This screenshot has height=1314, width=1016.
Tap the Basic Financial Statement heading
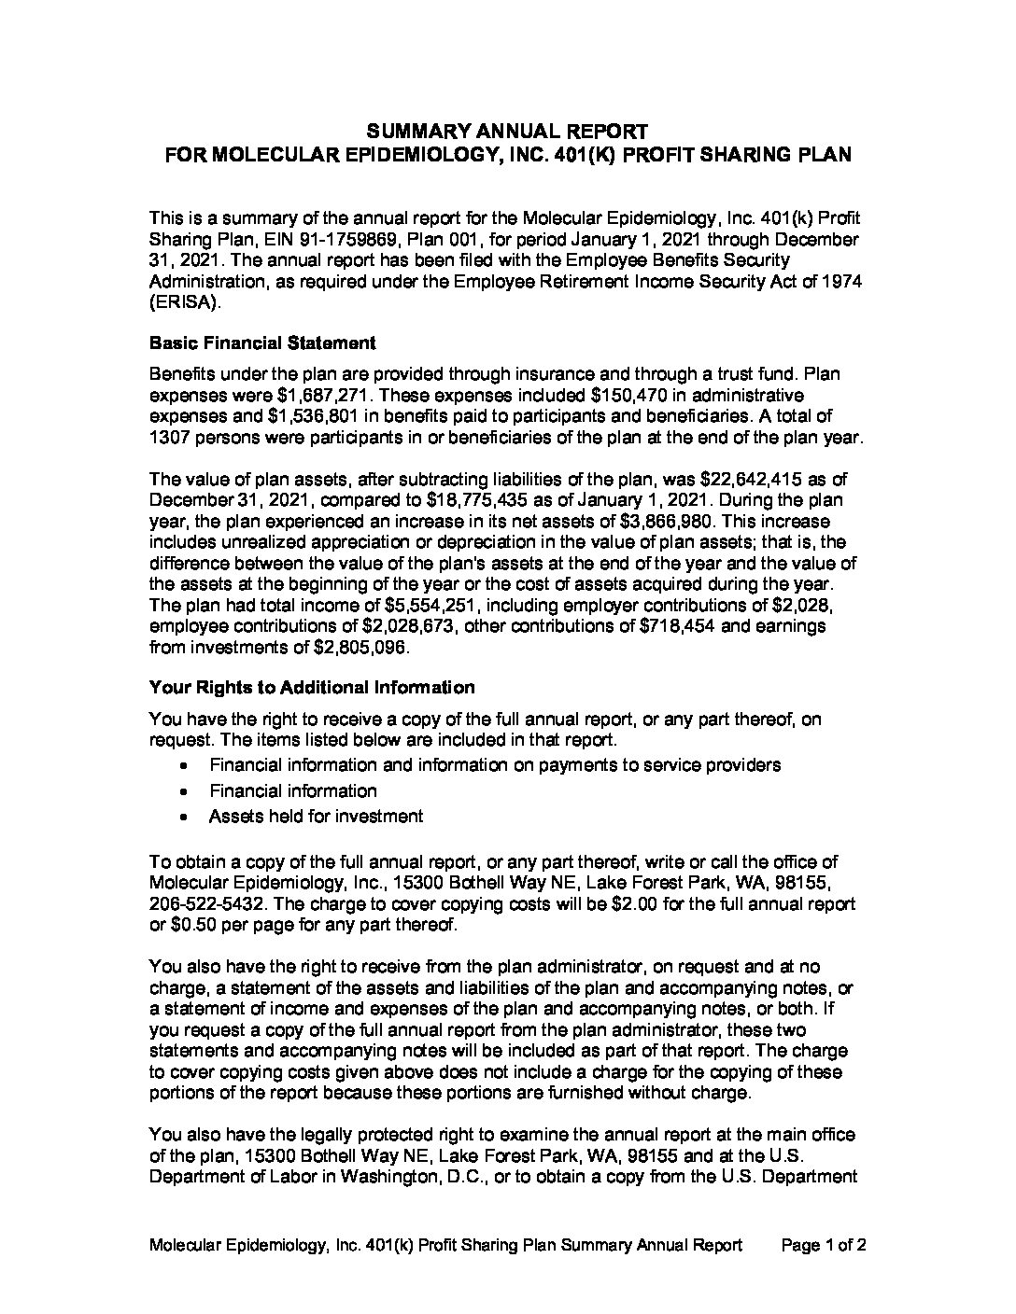262,342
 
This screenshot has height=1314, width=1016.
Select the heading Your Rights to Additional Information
312,688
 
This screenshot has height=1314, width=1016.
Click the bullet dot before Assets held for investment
190,817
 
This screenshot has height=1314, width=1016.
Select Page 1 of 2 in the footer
824,1245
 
